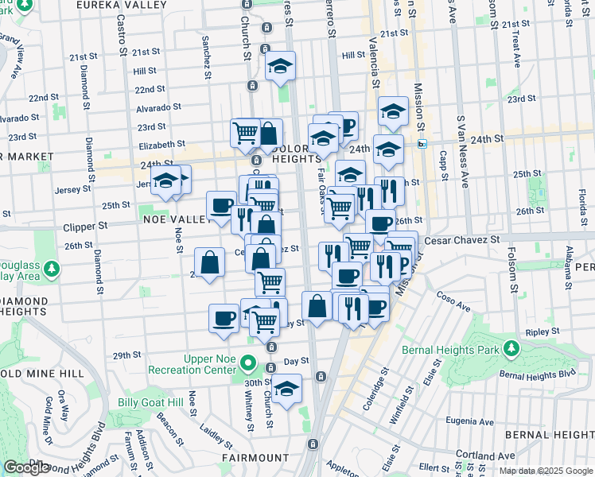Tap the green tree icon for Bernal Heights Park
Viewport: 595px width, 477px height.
(x=510, y=349)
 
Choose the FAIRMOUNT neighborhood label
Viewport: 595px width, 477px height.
(x=255, y=458)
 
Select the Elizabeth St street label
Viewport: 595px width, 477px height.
(x=161, y=145)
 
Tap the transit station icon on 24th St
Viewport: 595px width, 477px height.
(x=422, y=144)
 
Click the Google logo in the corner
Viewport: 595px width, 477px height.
(x=26, y=467)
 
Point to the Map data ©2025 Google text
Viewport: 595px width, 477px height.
(x=545, y=471)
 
